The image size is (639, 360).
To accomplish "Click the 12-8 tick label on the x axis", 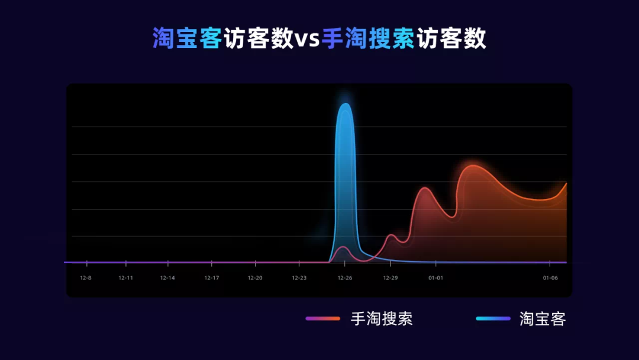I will pyautogui.click(x=86, y=278).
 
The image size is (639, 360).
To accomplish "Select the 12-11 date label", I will pyautogui.click(x=125, y=278).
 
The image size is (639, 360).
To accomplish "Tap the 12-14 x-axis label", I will pyautogui.click(x=167, y=278).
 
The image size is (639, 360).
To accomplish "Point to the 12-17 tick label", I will pyautogui.click(x=212, y=278).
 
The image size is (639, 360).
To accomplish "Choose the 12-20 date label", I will pyautogui.click(x=255, y=278).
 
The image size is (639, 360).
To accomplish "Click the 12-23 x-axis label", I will pyautogui.click(x=299, y=278).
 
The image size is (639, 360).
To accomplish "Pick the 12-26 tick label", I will pyautogui.click(x=345, y=278).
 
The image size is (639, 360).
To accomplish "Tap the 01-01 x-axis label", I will pyautogui.click(x=435, y=278).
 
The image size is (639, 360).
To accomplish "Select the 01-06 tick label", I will pyautogui.click(x=550, y=278).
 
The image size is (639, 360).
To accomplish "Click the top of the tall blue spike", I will pyautogui.click(x=345, y=105).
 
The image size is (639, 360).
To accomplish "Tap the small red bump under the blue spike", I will pyautogui.click(x=343, y=247).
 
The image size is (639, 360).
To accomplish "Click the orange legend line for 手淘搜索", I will pyautogui.click(x=322, y=319).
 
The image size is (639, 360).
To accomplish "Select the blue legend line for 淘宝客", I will pyautogui.click(x=493, y=319).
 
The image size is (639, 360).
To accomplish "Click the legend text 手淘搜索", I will pyautogui.click(x=382, y=319).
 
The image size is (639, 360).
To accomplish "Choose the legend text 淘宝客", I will pyautogui.click(x=543, y=319).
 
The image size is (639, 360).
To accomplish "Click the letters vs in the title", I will pyautogui.click(x=307, y=39).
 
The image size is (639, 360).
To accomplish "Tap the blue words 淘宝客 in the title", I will pyautogui.click(x=187, y=39).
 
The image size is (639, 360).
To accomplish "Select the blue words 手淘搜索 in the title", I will pyautogui.click(x=368, y=39).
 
